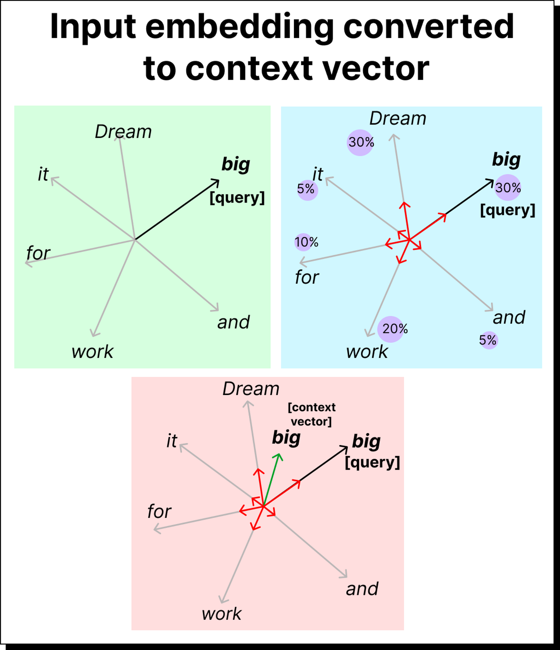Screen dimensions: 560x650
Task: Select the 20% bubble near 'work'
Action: pos(393,329)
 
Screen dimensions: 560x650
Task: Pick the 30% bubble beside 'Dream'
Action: pos(361,143)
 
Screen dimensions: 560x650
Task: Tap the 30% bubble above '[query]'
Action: pos(508,188)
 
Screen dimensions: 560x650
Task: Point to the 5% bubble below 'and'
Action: pos(488,340)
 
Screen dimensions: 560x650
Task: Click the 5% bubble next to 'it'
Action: pos(307,190)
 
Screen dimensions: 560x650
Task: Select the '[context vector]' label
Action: pos(312,414)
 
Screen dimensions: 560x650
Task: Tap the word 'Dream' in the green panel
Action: pos(123,132)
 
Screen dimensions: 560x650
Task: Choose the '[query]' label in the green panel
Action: pos(237,198)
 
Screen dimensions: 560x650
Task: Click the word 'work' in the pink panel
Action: pos(222,614)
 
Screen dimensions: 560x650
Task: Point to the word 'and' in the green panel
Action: pos(233,322)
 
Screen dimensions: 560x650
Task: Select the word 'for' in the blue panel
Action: pos(307,278)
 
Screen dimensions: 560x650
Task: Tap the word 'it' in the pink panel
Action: pos(172,441)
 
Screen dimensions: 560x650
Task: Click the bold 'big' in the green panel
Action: pos(236,165)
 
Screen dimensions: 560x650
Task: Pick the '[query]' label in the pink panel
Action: pos(372,462)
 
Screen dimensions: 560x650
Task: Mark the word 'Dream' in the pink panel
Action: pos(251,389)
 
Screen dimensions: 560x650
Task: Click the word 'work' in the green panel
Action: pos(92,352)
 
